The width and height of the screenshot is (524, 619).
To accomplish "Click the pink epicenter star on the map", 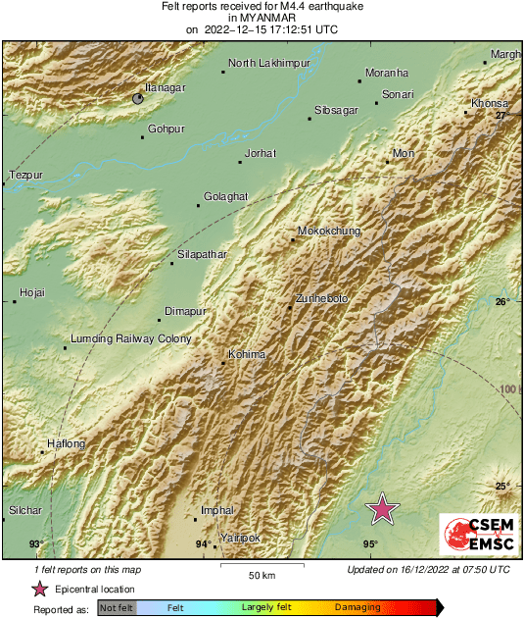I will tap(382, 508).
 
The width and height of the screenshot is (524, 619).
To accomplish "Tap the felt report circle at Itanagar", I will tap(139, 98).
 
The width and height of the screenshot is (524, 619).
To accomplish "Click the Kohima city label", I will tap(246, 354).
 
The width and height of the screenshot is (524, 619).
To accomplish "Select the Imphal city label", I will tap(217, 511).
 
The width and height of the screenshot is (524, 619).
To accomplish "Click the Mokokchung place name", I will tap(328, 232).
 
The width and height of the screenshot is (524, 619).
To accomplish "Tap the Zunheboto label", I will tap(321, 298).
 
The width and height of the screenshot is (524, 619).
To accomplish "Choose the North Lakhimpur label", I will tap(269, 64).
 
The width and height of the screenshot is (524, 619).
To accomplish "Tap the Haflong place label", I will tap(67, 443).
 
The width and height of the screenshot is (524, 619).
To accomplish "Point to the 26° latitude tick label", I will tap(501, 301).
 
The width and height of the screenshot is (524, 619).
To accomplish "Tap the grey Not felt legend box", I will tap(117, 608).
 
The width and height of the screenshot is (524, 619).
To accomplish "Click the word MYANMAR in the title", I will tap(262, 18).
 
